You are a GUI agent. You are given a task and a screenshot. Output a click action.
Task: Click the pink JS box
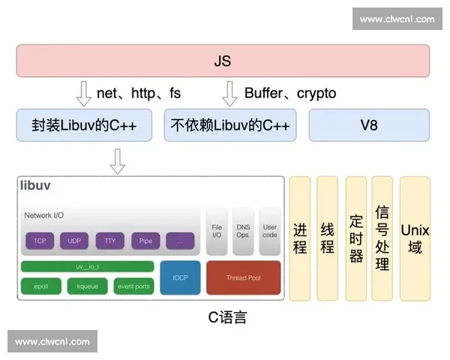223,61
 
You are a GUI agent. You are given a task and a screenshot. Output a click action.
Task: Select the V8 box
369,125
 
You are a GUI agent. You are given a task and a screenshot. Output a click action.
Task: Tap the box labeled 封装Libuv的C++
85,125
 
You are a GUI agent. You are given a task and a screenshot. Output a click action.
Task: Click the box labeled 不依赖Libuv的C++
230,125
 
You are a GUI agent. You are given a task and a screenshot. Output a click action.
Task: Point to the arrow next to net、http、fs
84,94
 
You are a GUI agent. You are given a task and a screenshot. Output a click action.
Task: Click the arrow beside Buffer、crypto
230,94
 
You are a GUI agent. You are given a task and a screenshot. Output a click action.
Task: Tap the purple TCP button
39,241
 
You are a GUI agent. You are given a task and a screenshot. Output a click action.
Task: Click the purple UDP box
74,241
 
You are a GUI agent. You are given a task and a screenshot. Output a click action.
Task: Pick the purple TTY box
109,241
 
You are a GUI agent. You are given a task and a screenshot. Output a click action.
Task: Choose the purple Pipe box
145,241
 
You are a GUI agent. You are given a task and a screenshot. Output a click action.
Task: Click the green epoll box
40,286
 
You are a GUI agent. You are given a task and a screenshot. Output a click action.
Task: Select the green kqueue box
87,286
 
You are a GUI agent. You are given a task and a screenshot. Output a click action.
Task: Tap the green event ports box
133,286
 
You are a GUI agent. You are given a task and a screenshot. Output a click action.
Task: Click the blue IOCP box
180,277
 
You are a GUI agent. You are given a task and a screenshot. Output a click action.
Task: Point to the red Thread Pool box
243,277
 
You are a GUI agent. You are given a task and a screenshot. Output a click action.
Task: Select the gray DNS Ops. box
243,230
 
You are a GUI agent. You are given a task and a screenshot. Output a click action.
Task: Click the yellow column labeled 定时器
355,238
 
